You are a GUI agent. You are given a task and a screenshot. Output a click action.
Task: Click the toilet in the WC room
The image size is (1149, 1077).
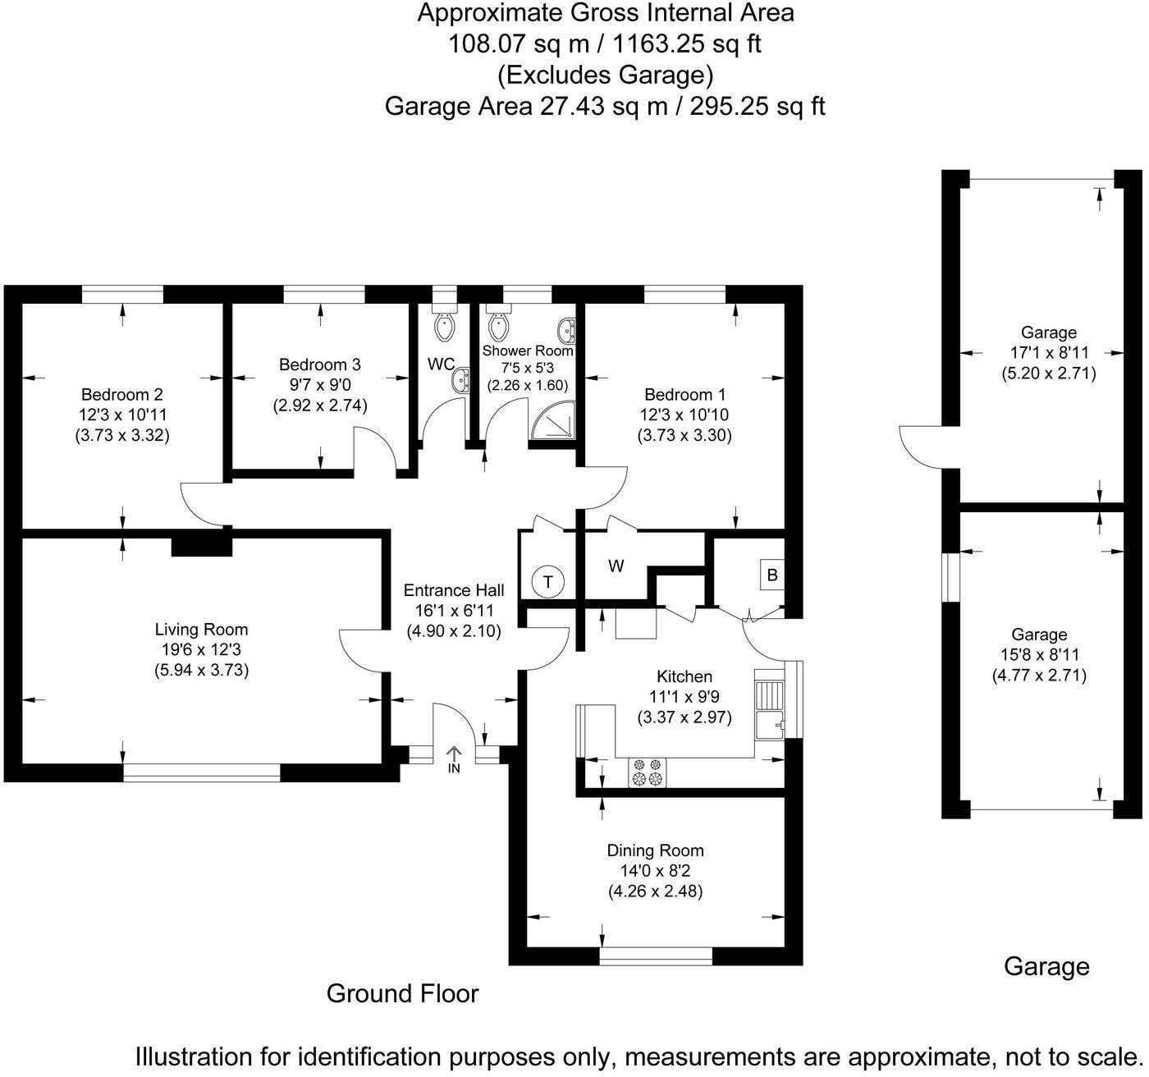(444, 326)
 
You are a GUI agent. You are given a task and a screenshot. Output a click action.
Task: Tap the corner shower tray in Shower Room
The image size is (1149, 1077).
(552, 421)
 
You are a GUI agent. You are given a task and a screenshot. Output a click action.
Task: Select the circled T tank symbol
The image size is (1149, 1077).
(547, 582)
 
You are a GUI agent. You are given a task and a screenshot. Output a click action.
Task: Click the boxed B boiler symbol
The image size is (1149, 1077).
(771, 575)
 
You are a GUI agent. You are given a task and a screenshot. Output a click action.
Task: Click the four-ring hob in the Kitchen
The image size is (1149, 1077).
(647, 772)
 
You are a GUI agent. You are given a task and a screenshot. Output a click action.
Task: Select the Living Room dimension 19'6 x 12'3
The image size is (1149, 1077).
(201, 649)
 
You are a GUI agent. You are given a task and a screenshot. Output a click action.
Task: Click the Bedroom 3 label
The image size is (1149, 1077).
(319, 364)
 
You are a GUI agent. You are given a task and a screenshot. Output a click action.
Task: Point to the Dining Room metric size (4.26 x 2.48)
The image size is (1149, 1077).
(655, 891)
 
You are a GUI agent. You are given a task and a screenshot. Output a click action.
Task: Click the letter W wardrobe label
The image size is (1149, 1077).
(616, 566)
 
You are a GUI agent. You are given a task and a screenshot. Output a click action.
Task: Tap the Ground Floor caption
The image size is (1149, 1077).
(402, 993)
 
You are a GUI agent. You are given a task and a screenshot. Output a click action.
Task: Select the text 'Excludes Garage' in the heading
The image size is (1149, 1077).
(605, 76)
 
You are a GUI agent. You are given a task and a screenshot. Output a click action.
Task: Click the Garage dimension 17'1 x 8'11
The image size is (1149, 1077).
(1048, 353)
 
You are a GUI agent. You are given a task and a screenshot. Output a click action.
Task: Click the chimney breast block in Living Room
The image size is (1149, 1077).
(201, 546)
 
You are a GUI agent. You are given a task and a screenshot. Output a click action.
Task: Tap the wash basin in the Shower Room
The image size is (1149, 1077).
(565, 330)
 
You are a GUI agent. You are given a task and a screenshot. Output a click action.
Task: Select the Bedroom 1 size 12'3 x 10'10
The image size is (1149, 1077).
(684, 415)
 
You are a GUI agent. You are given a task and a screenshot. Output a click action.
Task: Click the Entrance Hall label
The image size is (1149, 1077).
(453, 590)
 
